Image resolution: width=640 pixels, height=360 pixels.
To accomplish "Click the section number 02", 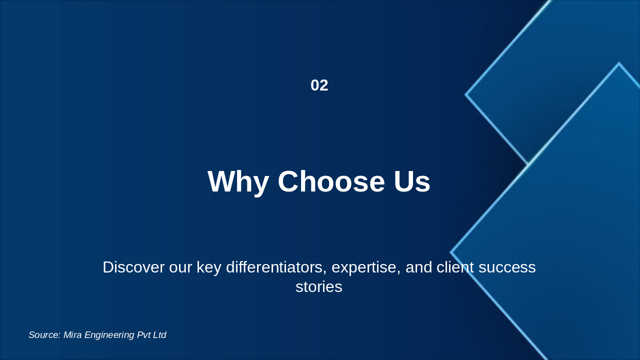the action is [319, 85].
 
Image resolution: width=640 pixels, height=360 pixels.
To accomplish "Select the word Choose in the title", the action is [331, 181].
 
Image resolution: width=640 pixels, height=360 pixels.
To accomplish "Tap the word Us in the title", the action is [412, 181].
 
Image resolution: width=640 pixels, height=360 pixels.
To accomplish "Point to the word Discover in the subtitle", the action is [133, 267].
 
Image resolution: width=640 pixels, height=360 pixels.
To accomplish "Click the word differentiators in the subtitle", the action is [276, 267].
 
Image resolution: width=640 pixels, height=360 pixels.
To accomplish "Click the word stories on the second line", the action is [319, 287].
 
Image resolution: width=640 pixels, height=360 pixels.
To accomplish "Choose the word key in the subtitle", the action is [209, 268].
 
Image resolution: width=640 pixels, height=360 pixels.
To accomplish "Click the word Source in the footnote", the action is [44, 335].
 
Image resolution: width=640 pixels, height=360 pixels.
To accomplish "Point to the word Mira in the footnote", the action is [72, 335].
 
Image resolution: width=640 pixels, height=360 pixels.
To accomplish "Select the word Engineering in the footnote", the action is [109, 335].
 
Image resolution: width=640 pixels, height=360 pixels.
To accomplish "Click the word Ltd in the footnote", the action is [159, 335].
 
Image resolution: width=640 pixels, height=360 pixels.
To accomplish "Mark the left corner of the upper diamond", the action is [465, 94].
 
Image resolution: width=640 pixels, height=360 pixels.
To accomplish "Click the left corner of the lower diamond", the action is [450, 252].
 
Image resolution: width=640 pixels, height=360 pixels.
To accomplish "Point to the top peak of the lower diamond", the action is [619, 63].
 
